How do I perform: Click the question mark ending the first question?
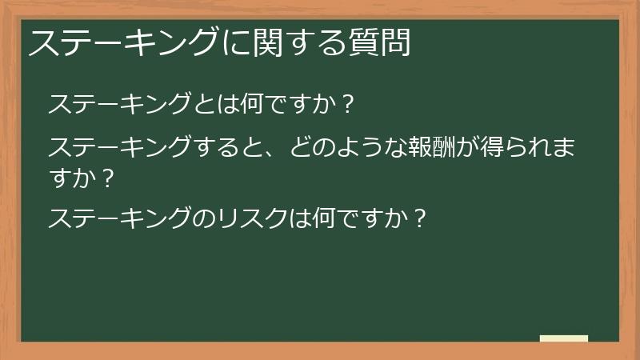click(x=346, y=105)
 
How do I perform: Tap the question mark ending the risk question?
click(x=419, y=218)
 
